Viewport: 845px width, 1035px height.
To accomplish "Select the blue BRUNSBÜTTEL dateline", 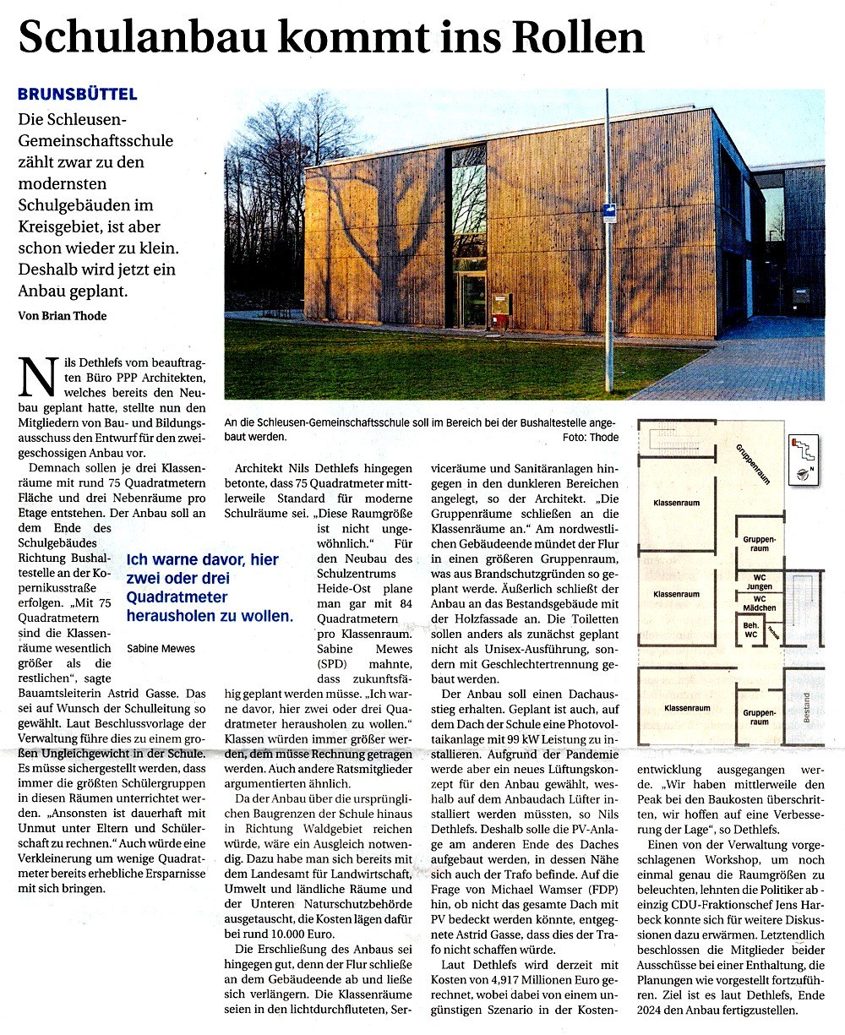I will [x=78, y=94].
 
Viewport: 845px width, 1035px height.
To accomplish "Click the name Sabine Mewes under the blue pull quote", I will [x=161, y=649].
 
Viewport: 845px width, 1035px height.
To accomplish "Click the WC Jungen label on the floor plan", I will [x=760, y=582].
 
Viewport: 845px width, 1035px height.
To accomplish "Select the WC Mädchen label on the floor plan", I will [x=760, y=603].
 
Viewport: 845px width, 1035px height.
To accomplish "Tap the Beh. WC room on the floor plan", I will [x=750, y=629].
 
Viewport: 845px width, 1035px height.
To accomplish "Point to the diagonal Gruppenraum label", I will [x=752, y=464].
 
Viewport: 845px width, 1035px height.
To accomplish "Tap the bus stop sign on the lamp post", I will [x=608, y=214].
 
